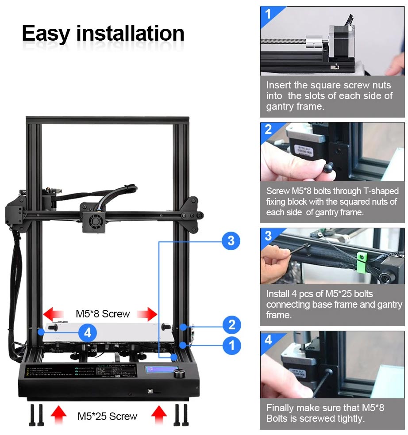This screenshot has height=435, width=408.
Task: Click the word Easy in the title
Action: coord(46,33)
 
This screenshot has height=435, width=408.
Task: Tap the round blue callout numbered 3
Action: coord(231,241)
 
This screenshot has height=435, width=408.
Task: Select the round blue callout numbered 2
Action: coord(231,326)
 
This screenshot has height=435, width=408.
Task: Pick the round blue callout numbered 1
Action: coord(231,345)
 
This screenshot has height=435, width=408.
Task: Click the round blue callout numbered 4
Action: coord(88,332)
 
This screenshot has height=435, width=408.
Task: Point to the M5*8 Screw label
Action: coord(103,314)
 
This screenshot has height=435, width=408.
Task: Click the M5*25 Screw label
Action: coord(107,416)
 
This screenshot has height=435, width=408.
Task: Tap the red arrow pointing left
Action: coord(53,314)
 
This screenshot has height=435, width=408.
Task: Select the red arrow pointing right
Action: coord(147,314)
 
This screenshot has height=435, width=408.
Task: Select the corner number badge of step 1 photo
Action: coord(268,14)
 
